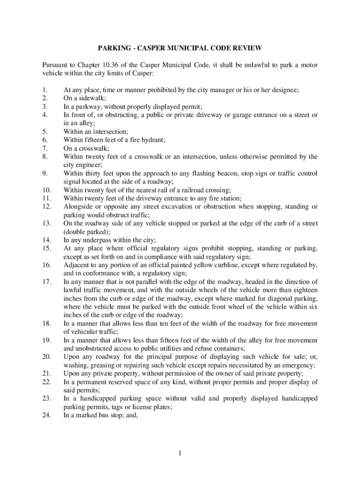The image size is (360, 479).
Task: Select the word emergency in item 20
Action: pyautogui.click(x=296, y=365)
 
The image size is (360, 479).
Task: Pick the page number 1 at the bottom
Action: pyautogui.click(x=179, y=453)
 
